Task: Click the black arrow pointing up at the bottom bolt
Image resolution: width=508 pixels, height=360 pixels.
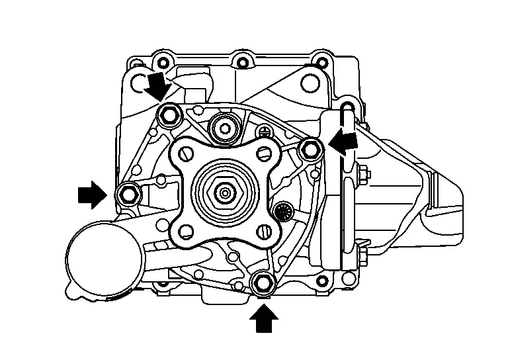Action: tap(263, 321)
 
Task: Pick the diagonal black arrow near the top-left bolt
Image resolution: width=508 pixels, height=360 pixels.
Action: tap(157, 86)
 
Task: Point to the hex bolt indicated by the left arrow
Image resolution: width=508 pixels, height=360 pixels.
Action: tap(126, 194)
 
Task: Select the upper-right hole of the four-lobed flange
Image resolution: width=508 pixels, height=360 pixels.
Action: tap(264, 154)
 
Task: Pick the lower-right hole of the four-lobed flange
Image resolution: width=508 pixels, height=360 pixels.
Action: tap(264, 232)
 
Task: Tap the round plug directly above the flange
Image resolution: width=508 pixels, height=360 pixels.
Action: tap(224, 126)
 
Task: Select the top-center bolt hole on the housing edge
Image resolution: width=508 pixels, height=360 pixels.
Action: tap(241, 64)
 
